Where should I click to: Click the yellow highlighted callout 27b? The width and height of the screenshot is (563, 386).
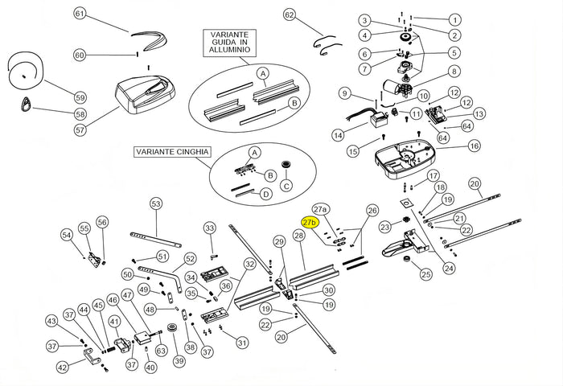tap(310, 221)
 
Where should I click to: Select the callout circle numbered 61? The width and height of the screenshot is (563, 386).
tap(80, 14)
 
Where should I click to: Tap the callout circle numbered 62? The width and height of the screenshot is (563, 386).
tap(290, 14)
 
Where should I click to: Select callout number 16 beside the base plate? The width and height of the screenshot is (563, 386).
tap(474, 146)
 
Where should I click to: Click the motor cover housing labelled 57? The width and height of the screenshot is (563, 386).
tap(147, 91)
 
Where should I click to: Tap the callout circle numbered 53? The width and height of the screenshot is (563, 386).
tap(156, 203)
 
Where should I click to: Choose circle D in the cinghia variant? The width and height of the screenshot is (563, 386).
tap(265, 194)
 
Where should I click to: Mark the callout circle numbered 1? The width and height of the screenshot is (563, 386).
tap(455, 19)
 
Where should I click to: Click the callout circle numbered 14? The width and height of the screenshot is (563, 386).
tap(339, 134)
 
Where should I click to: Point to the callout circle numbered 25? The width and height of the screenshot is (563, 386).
tap(425, 275)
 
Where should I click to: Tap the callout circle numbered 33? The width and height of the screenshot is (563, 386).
tap(209, 228)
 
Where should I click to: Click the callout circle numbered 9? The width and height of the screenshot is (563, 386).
tap(343, 92)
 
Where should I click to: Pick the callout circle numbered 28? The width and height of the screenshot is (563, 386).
tap(298, 236)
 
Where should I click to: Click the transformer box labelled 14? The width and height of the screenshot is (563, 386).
tap(377, 123)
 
